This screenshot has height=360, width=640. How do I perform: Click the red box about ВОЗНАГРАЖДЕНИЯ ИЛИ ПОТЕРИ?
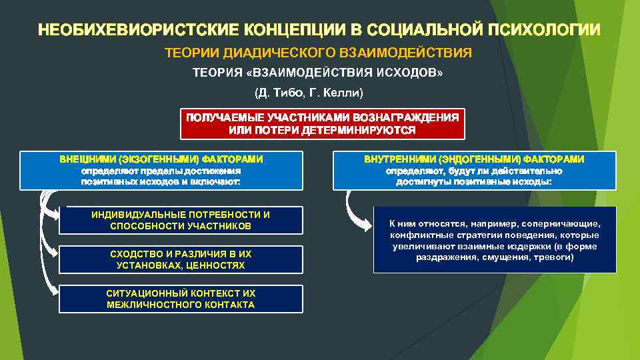click(322, 123)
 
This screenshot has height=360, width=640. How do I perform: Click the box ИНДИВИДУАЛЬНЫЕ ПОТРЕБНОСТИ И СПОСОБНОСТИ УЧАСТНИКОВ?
click(181, 221)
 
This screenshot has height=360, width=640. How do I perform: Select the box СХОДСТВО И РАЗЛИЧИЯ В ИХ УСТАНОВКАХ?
click(181, 260)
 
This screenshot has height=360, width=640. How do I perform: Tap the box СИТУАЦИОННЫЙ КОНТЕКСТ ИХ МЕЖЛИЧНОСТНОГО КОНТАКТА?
click(181, 299)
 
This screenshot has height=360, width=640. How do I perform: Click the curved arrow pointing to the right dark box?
click(353, 210)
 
